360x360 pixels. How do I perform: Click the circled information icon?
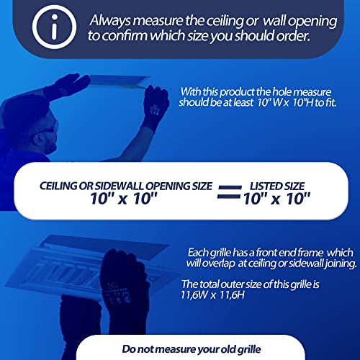click(x=54, y=27)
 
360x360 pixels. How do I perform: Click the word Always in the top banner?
click(x=110, y=21)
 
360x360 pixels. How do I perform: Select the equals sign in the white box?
click(x=229, y=192)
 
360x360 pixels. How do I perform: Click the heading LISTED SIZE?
click(x=277, y=186)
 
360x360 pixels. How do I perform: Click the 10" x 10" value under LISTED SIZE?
click(x=276, y=199)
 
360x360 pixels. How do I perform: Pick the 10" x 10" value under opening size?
click(x=124, y=199)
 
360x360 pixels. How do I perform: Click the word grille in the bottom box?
click(x=249, y=349)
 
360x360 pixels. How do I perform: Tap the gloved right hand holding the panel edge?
click(x=156, y=106)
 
